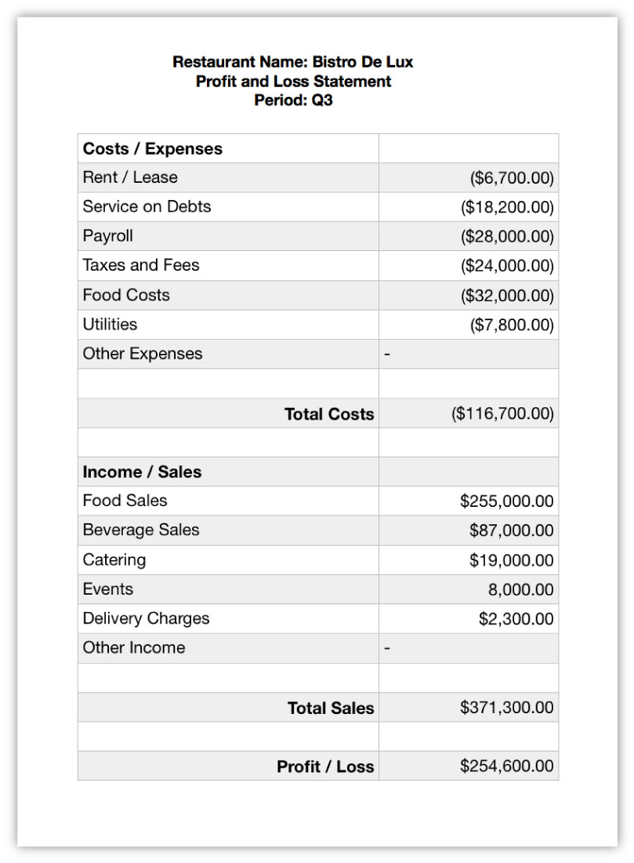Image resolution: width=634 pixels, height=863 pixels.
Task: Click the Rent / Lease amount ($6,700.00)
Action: coord(512,178)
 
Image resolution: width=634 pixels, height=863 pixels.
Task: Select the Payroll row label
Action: coord(108,236)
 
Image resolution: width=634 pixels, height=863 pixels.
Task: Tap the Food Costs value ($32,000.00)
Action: coord(507,296)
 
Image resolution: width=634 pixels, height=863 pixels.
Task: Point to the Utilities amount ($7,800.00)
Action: coord(512,325)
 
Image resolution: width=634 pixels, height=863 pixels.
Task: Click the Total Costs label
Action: coord(329,414)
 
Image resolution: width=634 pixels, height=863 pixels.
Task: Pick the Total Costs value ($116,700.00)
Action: coord(502,414)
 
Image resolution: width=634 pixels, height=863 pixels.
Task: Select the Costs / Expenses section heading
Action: coord(153,149)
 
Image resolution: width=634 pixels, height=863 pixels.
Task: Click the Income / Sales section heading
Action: coord(142,472)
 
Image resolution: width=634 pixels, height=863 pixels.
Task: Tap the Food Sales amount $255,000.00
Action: coord(507,501)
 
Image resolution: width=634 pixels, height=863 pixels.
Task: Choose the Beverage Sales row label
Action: coord(141,530)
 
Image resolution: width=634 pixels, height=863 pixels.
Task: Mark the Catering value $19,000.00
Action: coord(512,560)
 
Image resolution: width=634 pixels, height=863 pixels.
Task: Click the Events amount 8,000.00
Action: coord(520,590)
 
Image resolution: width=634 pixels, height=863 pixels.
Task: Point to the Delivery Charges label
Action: coord(147,619)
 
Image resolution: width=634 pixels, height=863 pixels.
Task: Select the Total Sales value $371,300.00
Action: coord(507,708)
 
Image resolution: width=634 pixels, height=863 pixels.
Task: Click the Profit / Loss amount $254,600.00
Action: coord(507,767)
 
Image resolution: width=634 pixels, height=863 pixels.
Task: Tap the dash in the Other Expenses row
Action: coord(386,355)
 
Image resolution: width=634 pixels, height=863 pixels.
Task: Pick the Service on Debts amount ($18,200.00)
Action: coord(507,207)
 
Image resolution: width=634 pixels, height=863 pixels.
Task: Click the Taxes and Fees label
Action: coord(141,265)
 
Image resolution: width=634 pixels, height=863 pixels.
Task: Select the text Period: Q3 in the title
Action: coord(293,100)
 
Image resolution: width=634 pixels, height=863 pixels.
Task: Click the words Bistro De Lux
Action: coord(363,62)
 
